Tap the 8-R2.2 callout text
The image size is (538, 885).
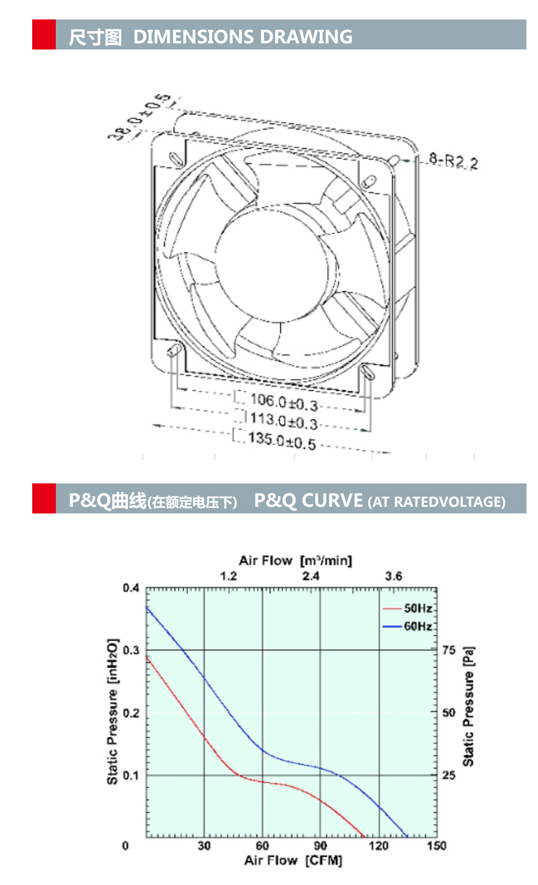coord(453,160)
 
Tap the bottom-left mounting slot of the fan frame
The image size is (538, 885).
coord(173,351)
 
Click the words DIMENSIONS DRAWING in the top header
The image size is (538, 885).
coord(242,36)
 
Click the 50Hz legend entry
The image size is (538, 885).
coord(418,608)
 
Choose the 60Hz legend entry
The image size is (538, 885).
coord(418,626)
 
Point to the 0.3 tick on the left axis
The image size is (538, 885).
coord(130,650)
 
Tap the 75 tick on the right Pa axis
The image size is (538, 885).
coord(449,650)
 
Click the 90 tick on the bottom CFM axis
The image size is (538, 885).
coord(320,846)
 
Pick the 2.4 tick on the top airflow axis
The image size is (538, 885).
coord(311,576)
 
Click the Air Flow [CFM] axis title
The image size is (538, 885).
coord(293,860)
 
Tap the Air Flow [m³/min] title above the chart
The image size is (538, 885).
coord(295,560)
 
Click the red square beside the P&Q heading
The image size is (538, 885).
coord(44,498)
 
